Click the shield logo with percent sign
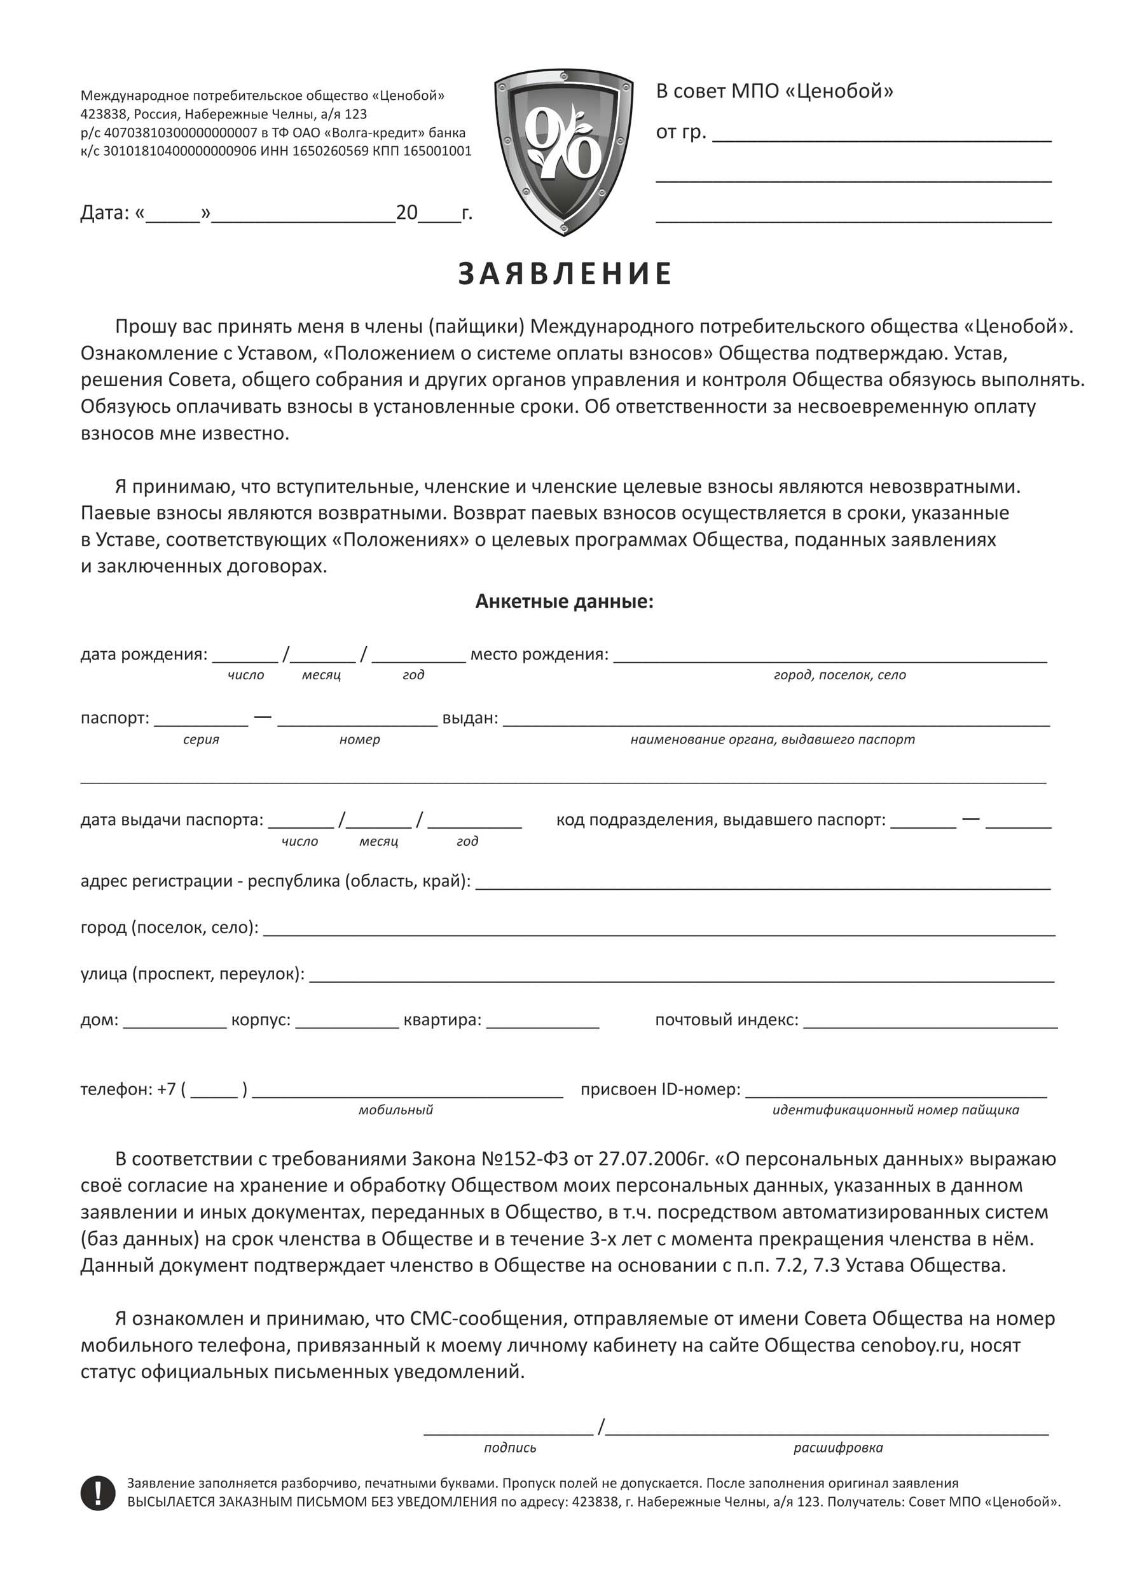click(563, 151)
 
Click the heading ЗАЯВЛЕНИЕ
click(565, 273)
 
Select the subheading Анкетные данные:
click(564, 602)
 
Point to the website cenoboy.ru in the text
click(910, 1346)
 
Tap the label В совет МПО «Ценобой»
click(774, 91)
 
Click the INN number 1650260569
click(331, 151)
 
